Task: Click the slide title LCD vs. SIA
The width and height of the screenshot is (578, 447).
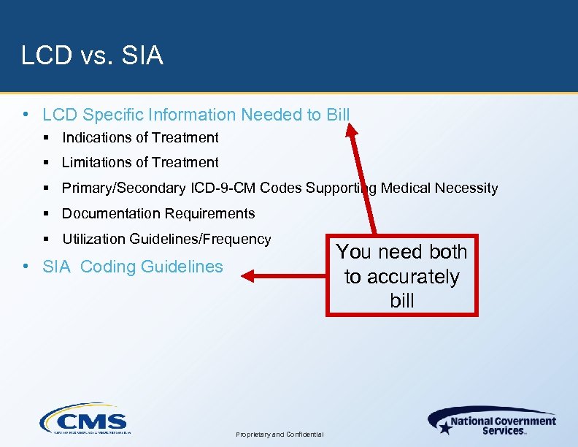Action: (x=92, y=56)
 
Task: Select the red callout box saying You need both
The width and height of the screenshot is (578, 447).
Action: (x=401, y=276)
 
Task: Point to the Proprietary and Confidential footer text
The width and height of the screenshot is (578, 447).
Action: (x=280, y=434)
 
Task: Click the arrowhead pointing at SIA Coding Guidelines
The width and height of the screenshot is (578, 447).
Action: (x=248, y=276)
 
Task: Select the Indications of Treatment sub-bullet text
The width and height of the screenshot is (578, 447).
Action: (x=140, y=137)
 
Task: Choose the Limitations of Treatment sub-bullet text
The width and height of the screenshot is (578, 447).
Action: (x=140, y=162)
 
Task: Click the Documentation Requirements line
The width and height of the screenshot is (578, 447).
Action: (x=158, y=213)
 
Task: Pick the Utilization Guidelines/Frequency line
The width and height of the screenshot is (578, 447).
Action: (x=166, y=239)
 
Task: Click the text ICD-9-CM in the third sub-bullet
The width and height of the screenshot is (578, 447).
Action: (x=223, y=188)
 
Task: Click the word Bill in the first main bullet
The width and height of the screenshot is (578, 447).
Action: (x=338, y=115)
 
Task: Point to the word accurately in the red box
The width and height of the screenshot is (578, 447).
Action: (x=402, y=277)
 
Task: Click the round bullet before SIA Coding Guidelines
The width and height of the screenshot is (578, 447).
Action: (x=26, y=267)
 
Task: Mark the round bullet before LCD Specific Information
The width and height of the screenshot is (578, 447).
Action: (x=26, y=115)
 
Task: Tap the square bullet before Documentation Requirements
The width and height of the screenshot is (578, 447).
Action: (x=45, y=213)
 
